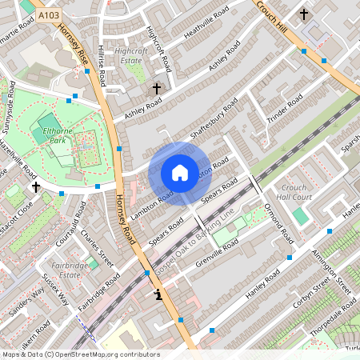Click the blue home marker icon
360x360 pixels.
(180, 173)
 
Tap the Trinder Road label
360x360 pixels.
(286, 109)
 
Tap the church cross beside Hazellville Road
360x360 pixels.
(35, 186)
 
